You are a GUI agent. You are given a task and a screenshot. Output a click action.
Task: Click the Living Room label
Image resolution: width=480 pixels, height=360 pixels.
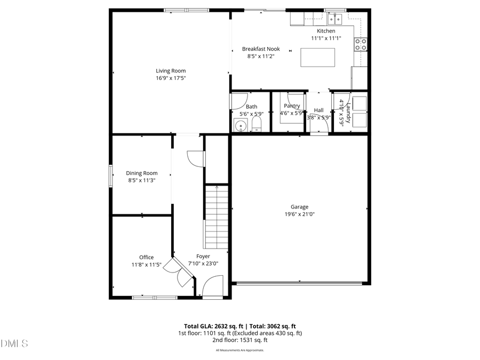(171, 71)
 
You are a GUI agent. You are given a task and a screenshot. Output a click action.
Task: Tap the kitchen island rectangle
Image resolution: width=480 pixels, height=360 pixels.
(318, 57)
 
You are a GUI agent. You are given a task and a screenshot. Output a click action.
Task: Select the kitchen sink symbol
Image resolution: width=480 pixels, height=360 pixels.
(335, 20)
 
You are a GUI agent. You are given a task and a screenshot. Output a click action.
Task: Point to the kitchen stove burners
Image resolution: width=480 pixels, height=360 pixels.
(361, 44)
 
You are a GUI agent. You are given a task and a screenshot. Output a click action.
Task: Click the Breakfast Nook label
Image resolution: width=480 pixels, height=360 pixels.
(261, 49)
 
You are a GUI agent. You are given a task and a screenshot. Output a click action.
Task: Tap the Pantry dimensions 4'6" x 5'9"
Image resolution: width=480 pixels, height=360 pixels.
(292, 113)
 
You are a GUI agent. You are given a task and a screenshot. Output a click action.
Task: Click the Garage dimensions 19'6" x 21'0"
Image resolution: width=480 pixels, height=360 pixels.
(299, 214)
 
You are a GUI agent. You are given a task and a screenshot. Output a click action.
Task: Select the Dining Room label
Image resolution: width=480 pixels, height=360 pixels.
(142, 173)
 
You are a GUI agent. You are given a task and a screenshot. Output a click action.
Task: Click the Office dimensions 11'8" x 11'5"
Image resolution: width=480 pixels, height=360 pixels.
(147, 265)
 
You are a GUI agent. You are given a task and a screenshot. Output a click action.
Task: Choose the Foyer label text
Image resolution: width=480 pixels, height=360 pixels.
(196, 257)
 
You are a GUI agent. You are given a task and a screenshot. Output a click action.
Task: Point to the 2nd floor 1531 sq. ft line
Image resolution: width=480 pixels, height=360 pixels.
(239, 340)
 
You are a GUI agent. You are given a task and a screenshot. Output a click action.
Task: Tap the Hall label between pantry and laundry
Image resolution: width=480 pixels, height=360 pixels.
(318, 110)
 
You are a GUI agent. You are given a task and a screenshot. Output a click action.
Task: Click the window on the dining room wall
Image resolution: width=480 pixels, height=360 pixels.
(111, 176)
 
